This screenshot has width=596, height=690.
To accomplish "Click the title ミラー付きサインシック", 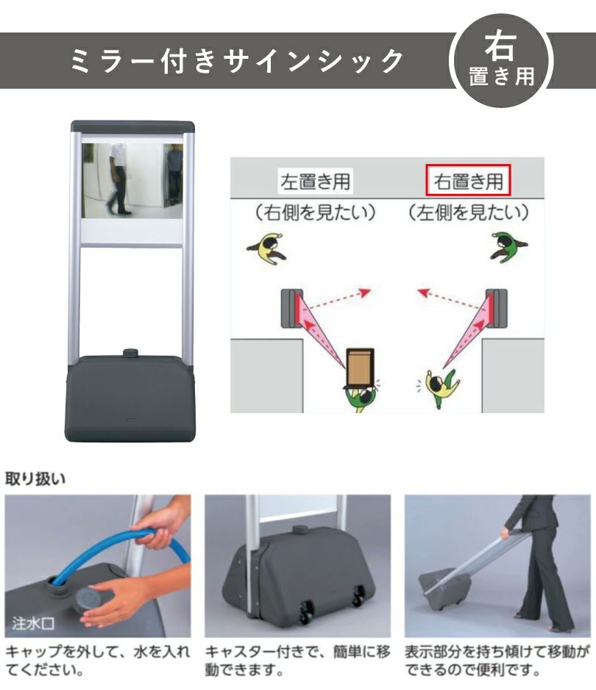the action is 236,60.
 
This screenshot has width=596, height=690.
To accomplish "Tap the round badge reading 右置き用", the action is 501,60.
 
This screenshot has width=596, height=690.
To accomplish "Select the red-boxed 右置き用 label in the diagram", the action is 468,180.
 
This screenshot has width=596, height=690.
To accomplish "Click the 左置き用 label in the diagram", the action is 316,181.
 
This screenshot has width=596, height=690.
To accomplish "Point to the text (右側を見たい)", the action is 316,212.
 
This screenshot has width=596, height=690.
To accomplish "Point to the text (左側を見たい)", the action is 468,212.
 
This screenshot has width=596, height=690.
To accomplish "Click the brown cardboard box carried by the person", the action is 361,367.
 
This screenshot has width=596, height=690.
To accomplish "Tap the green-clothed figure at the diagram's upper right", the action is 508,248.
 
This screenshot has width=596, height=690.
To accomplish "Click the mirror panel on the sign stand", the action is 132,181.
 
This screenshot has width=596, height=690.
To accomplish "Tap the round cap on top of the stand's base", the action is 130,353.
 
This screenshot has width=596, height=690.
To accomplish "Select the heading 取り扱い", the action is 35,478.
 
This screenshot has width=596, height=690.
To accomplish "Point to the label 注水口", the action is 33,623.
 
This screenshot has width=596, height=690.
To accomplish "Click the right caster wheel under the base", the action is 358,597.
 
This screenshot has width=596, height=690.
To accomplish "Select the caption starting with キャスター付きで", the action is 297,660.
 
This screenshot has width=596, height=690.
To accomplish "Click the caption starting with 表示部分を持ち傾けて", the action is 497,660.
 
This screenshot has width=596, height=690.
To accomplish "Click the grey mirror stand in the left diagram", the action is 292,308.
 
